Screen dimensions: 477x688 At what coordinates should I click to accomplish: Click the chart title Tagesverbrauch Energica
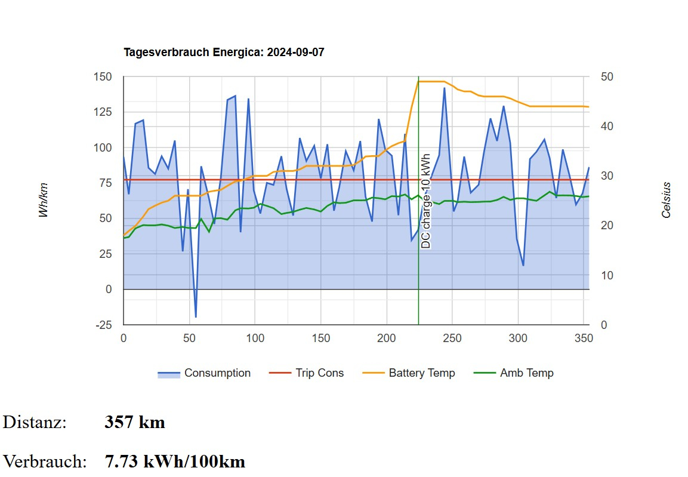pyautogui.click(x=224, y=53)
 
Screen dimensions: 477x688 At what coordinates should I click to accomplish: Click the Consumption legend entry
pyautogui.click(x=217, y=373)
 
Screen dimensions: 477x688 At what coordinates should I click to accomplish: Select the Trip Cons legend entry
pyautogui.click(x=319, y=373)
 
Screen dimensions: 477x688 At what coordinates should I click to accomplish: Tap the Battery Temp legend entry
pyautogui.click(x=421, y=373)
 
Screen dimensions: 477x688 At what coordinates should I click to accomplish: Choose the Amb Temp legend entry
pyautogui.click(x=526, y=373)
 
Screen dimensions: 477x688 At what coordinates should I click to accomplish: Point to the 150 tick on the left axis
pyautogui.click(x=103, y=77)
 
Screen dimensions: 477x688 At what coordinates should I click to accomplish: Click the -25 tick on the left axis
pyautogui.click(x=104, y=325)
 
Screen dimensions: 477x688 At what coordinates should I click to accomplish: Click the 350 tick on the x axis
pyautogui.click(x=583, y=338)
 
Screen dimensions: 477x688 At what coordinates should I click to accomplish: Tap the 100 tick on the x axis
pyautogui.click(x=255, y=338)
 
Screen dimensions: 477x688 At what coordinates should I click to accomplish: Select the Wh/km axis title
pyautogui.click(x=44, y=200)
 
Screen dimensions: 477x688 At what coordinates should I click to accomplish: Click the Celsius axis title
pyautogui.click(x=667, y=200)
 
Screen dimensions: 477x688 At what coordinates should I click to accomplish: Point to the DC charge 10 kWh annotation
pyautogui.click(x=425, y=201)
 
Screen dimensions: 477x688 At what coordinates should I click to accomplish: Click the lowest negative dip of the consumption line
pyautogui.click(x=196, y=316)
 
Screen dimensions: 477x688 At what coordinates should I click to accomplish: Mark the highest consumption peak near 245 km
pyautogui.click(x=444, y=88)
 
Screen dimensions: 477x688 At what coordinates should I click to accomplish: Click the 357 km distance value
pyautogui.click(x=135, y=423)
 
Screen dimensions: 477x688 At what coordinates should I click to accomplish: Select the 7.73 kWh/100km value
pyautogui.click(x=175, y=461)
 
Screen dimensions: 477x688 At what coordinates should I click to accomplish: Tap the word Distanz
pyautogui.click(x=35, y=423)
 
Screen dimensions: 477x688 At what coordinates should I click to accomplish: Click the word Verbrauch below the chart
pyautogui.click(x=45, y=461)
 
